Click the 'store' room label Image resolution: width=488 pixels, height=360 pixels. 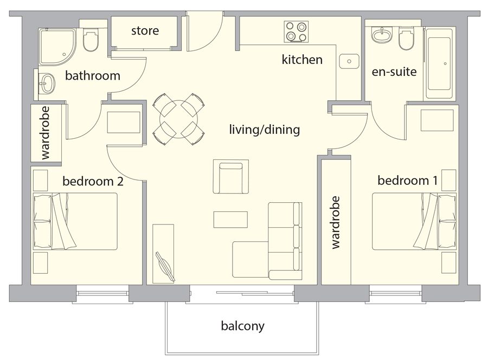click(x=145, y=31)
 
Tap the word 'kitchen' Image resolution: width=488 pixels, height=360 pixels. click(x=302, y=60)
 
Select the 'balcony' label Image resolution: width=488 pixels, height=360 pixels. click(x=243, y=326)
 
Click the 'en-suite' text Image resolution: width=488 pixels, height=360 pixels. click(x=394, y=72)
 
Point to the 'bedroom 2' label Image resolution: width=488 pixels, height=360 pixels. click(x=93, y=181)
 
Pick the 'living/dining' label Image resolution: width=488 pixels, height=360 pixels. click(x=265, y=130)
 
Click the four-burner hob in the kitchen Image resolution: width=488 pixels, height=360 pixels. click(x=296, y=32)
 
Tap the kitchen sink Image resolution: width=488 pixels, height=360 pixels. click(x=349, y=61)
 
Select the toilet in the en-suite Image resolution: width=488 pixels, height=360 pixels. click(x=406, y=38)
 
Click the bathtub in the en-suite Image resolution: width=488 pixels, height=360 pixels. click(x=439, y=64)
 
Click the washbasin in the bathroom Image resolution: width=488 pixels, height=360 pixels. click(x=47, y=83)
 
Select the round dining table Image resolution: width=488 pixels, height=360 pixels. click(x=178, y=119)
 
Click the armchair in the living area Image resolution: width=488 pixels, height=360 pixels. click(x=230, y=177)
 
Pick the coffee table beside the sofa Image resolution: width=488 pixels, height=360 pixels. click(x=230, y=220)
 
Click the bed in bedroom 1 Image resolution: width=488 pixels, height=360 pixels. click(x=414, y=221)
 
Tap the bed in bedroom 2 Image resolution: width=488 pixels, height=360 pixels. click(x=75, y=221)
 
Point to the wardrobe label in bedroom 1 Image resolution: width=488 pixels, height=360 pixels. click(x=335, y=222)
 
